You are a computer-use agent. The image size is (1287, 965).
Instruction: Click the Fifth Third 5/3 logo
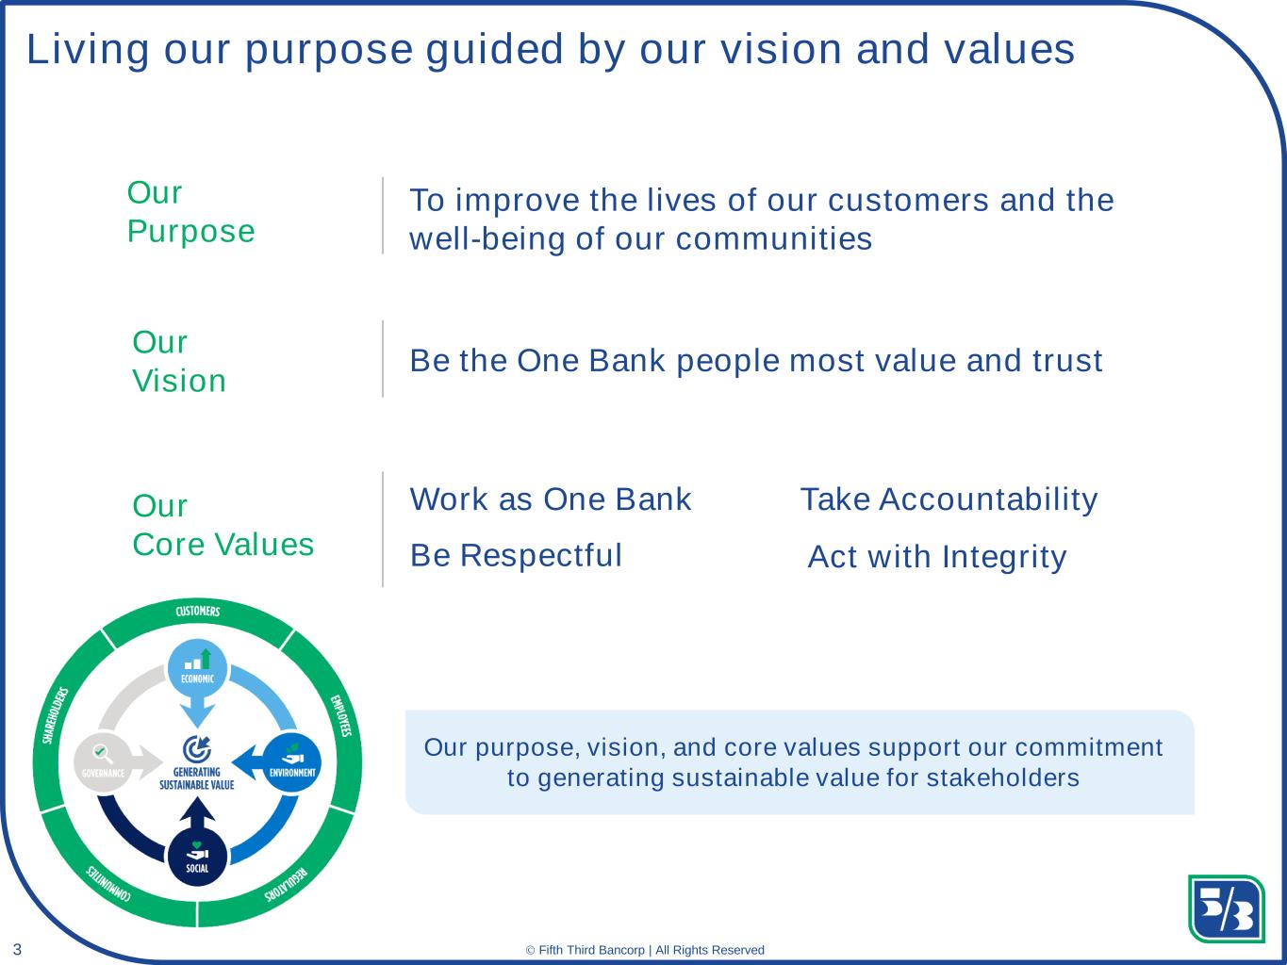pos(1226,908)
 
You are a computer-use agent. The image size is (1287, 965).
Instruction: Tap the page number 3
pos(17,949)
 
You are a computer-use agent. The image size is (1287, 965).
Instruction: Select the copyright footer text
pos(645,950)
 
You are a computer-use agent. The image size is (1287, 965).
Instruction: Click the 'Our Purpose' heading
pos(191,211)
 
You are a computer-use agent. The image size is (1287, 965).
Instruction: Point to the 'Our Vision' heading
pos(179,361)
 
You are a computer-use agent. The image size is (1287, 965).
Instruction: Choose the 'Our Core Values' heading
pos(223,525)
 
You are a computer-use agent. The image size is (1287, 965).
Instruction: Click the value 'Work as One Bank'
pos(551,499)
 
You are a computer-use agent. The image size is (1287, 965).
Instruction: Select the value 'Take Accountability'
pos(949,500)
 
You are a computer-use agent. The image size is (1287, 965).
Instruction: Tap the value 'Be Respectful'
pos(516,555)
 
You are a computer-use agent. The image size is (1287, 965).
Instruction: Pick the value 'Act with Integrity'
pos(937,557)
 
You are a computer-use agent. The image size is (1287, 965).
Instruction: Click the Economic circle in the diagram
pos(198,668)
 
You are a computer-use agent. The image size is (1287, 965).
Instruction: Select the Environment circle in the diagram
pos(292,763)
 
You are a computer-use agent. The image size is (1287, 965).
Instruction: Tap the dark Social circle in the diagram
pos(197,858)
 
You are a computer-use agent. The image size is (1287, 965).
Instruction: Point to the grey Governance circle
pos(103,763)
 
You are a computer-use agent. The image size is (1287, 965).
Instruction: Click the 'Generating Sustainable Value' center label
pos(197,778)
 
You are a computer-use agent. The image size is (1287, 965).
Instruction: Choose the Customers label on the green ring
pos(198,611)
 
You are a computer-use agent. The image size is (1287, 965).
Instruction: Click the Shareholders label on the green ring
pos(55,715)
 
